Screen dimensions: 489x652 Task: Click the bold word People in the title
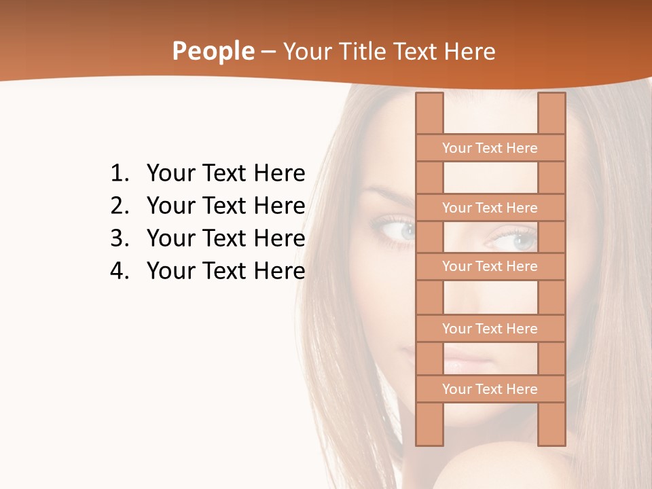(x=213, y=51)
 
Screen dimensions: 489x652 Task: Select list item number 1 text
(x=225, y=174)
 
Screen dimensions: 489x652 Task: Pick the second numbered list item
(x=225, y=206)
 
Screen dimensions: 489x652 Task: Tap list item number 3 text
(x=225, y=238)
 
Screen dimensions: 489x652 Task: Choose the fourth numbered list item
(x=225, y=271)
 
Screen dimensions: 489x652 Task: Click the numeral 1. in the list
(x=119, y=174)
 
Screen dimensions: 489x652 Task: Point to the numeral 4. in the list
(x=119, y=271)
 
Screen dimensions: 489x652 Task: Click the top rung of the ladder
(x=490, y=148)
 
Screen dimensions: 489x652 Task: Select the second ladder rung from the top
(x=490, y=208)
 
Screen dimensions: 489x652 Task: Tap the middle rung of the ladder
(x=490, y=267)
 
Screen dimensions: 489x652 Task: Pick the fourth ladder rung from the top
(x=490, y=329)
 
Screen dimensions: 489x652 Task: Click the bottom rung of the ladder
(x=490, y=389)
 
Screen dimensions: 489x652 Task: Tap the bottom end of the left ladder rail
(x=429, y=438)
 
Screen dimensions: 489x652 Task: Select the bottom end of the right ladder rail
(x=551, y=438)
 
